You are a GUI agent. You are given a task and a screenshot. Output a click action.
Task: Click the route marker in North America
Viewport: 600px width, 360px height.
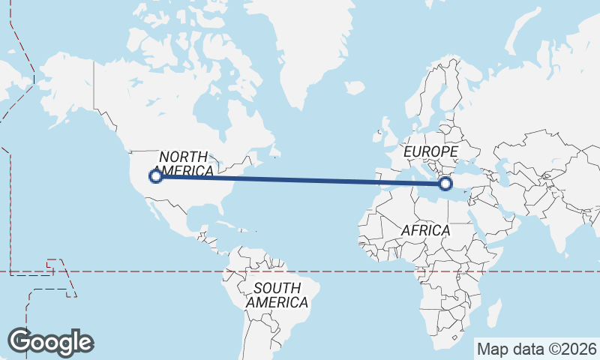[156, 176]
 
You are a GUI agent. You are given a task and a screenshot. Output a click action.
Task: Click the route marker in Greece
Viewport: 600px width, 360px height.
[445, 183]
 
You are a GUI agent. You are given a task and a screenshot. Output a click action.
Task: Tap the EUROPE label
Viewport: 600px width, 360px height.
[430, 151]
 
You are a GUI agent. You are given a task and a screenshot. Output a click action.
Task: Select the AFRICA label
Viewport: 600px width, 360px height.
[425, 230]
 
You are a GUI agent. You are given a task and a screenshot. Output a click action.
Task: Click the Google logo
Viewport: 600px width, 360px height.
[50, 342]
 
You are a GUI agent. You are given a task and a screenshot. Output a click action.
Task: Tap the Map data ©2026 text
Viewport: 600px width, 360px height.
[537, 349]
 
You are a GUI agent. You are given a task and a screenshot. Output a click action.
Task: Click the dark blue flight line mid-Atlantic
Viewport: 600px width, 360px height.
[300, 180]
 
